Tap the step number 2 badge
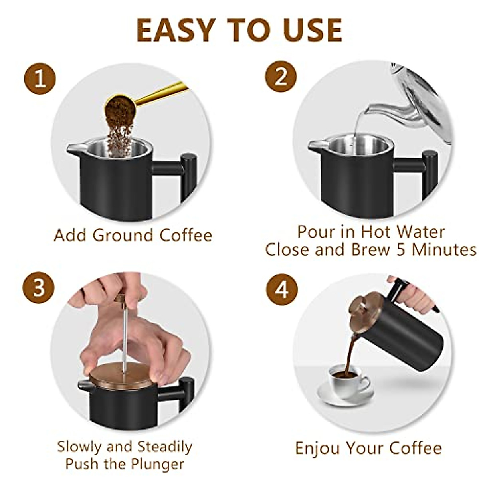[281, 77]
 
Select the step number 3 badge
[38, 287]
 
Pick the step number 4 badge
[282, 289]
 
